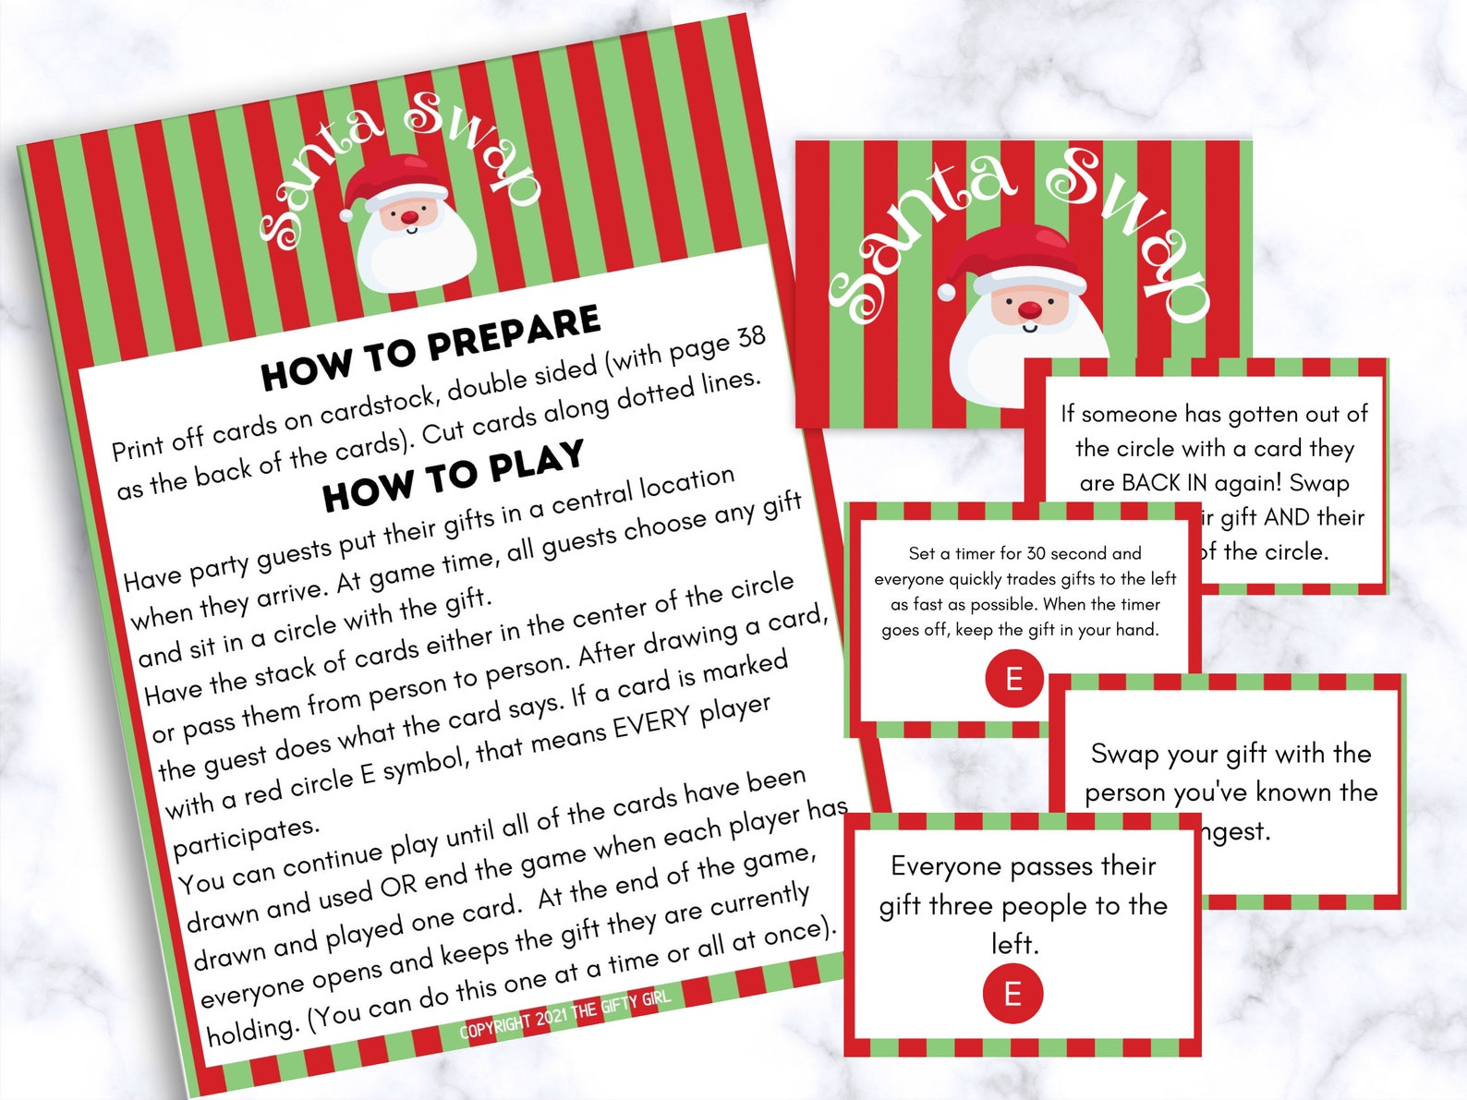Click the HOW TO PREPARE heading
pyautogui.click(x=430, y=347)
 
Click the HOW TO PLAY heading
pyautogui.click(x=453, y=475)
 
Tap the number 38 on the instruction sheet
pyautogui.click(x=750, y=339)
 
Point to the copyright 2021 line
pyautogui.click(x=564, y=1013)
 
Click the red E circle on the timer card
pyautogui.click(x=1013, y=679)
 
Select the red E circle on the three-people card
pyautogui.click(x=1012, y=994)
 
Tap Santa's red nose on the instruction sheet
pyautogui.click(x=410, y=215)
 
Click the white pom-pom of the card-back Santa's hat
pyautogui.click(x=947, y=292)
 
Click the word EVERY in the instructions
pyautogui.click(x=652, y=726)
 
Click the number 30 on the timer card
pyautogui.click(x=1036, y=553)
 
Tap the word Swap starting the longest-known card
pyautogui.click(x=1124, y=754)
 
